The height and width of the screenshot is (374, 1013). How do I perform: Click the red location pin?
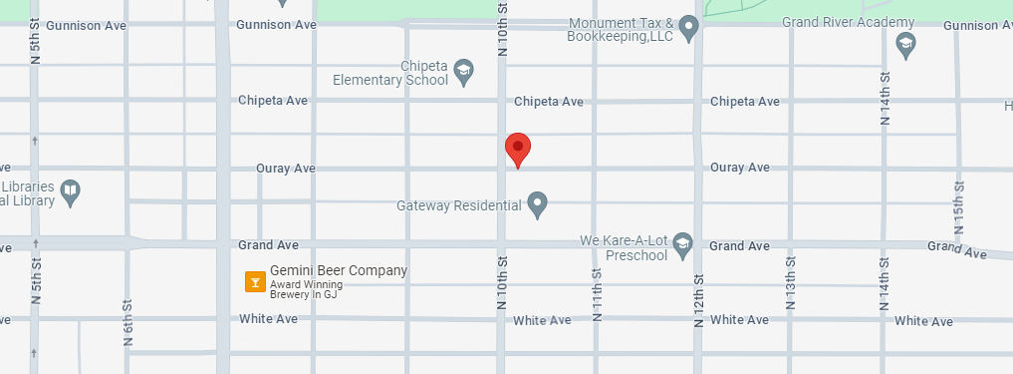coord(518,149)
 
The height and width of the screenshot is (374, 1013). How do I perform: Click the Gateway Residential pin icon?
coord(538,204)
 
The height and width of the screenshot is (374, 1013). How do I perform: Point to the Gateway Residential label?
coord(458,206)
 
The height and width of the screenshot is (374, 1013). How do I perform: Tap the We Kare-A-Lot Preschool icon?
coord(682,243)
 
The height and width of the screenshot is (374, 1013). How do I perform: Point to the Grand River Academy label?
coord(848,22)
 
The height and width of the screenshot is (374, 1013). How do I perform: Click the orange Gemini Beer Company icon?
coord(255,282)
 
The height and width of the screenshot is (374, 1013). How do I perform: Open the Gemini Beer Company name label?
coord(339,270)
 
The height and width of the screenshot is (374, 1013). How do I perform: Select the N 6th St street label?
coord(127,322)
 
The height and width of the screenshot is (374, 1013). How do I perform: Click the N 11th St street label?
coord(598,294)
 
